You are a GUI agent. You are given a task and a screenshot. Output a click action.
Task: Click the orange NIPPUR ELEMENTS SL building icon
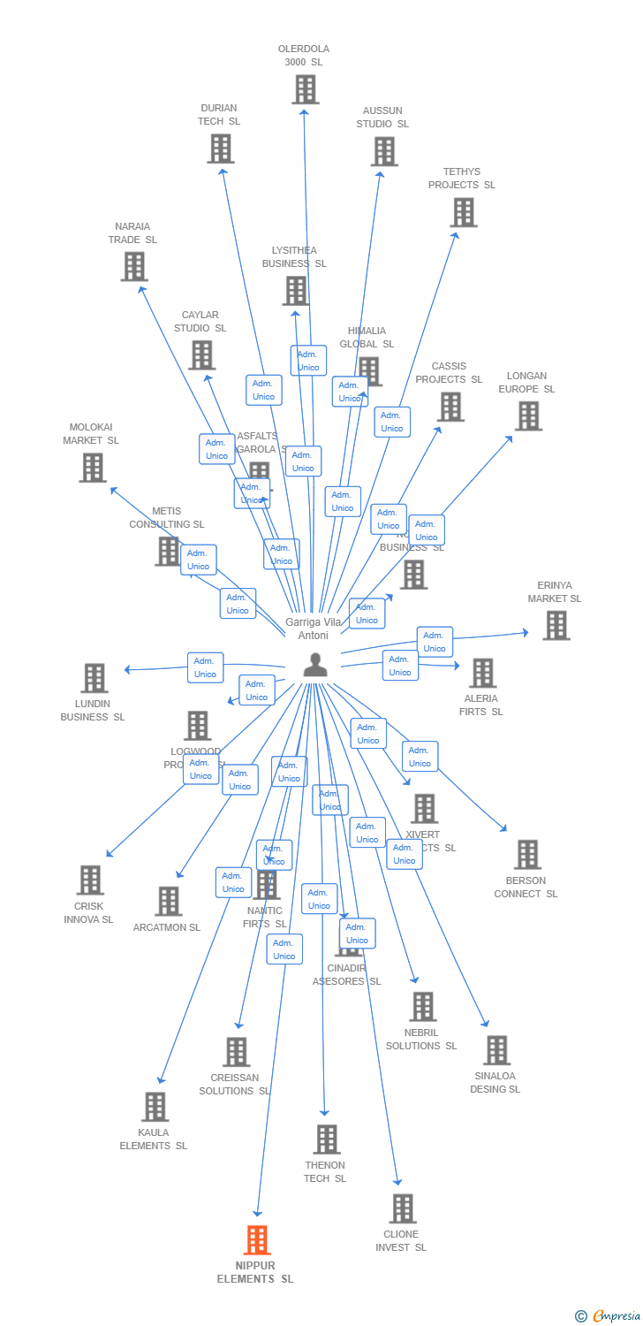pos(257,1240)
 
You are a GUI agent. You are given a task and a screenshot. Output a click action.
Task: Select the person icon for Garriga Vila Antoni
pos(315,665)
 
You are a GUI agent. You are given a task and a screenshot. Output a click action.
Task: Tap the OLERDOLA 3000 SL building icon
pos(305,89)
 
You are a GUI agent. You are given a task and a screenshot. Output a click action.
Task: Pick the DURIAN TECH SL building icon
pos(220,149)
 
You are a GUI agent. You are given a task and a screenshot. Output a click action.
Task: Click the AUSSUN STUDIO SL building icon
pos(384,151)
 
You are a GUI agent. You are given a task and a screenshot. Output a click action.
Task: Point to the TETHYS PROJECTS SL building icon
pos(464,212)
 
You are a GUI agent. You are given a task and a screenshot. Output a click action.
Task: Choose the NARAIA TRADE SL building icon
pos(134,266)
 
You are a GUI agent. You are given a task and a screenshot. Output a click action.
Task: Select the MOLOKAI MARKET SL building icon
pos(93,468)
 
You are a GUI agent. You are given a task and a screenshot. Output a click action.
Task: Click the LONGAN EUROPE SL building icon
pos(528,415)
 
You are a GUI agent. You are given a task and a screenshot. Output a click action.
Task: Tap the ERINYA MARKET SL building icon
pos(556,625)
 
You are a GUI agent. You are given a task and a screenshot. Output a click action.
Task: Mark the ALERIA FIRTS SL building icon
pos(482,673)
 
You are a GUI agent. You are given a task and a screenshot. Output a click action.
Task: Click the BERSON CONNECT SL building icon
pos(527,855)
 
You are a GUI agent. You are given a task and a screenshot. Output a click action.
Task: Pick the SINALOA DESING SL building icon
pos(496,1050)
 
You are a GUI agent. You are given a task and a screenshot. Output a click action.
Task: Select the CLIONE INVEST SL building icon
pos(402,1208)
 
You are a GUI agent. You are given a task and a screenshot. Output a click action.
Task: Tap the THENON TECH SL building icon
pos(327,1139)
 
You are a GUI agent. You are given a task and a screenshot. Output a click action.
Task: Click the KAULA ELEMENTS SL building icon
pos(155,1107)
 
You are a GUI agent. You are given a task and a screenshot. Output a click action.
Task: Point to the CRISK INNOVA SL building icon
pos(90,880)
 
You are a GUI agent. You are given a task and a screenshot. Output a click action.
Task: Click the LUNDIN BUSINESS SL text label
pos(93,711)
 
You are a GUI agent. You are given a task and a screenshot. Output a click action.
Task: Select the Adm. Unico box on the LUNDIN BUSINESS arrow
pos(205,667)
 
